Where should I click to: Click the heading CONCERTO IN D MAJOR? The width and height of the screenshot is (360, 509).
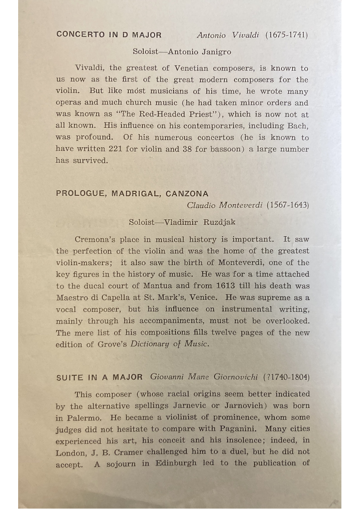(x=109, y=34)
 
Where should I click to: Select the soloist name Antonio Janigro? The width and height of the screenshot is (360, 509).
(x=199, y=52)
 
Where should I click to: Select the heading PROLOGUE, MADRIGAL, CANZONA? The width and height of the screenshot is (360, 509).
(x=132, y=194)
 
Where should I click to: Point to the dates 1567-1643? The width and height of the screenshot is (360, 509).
(x=288, y=205)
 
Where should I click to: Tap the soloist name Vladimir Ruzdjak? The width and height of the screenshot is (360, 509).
(x=200, y=222)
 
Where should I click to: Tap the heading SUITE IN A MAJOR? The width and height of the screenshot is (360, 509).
(x=99, y=377)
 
